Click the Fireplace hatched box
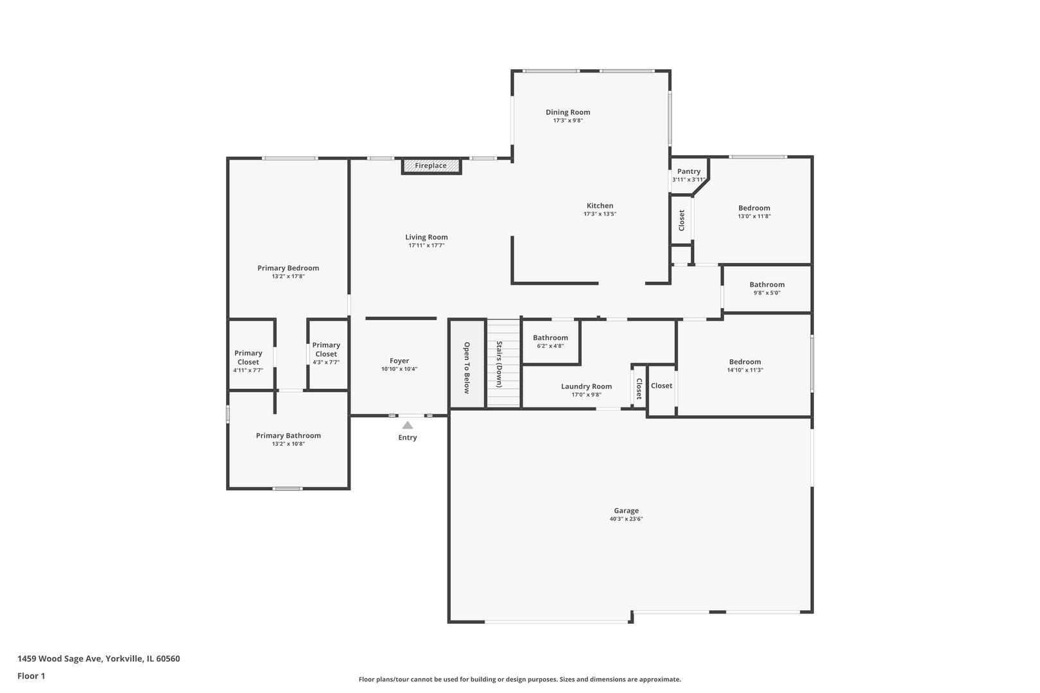431,166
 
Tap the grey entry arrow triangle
407,425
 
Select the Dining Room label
568,112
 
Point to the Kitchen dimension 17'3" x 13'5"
600,214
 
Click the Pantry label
689,171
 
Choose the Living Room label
426,237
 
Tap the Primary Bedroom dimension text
288,276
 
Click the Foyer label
399,361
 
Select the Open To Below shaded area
467,363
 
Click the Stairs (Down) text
499,364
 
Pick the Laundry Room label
586,386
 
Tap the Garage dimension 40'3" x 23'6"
626,519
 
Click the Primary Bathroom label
288,436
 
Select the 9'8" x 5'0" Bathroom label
767,284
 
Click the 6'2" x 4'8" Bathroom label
550,338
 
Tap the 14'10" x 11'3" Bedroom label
745,362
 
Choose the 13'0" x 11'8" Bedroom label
754,208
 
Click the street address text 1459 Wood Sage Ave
60,658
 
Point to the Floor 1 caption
31,676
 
